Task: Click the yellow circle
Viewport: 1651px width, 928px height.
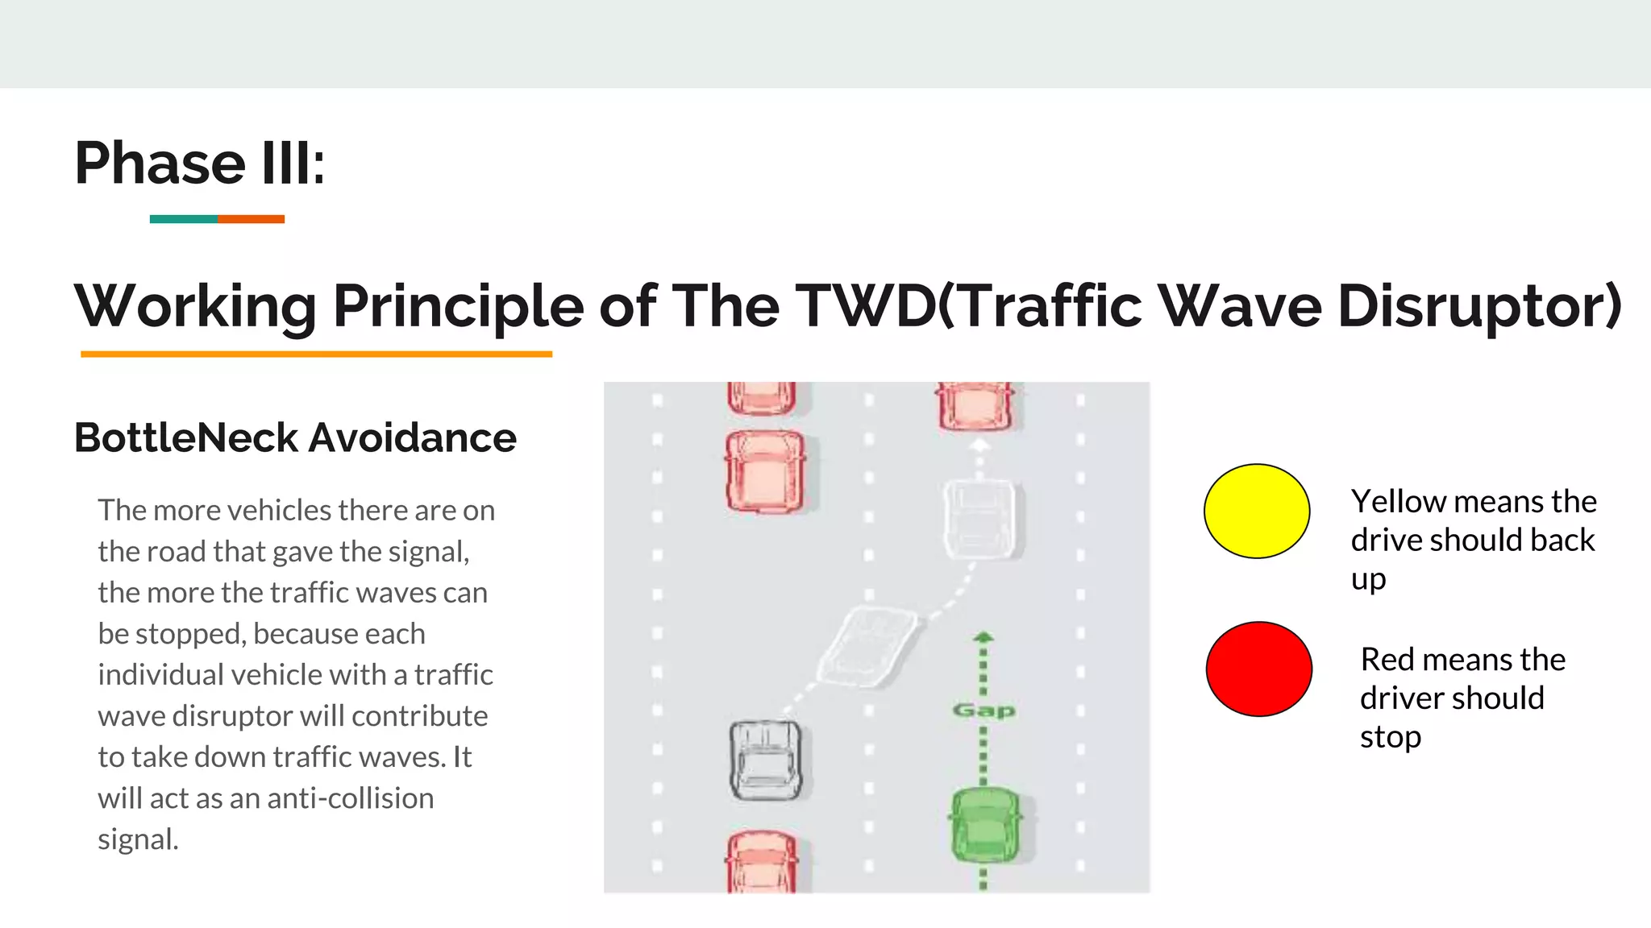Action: click(1256, 511)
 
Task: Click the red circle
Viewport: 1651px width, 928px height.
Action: click(1258, 669)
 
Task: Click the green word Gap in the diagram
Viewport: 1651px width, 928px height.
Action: click(984, 710)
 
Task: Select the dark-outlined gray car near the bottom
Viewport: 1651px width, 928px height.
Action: click(765, 760)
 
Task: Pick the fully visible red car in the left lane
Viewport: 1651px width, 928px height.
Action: click(765, 472)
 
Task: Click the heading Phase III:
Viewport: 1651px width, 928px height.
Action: click(199, 164)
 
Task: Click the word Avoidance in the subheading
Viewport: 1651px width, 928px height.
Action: click(412, 438)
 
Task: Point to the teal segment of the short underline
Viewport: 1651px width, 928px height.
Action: click(183, 219)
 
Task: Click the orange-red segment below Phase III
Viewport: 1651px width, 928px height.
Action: click(251, 219)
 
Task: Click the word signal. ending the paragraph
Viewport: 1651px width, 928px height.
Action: click(138, 839)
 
